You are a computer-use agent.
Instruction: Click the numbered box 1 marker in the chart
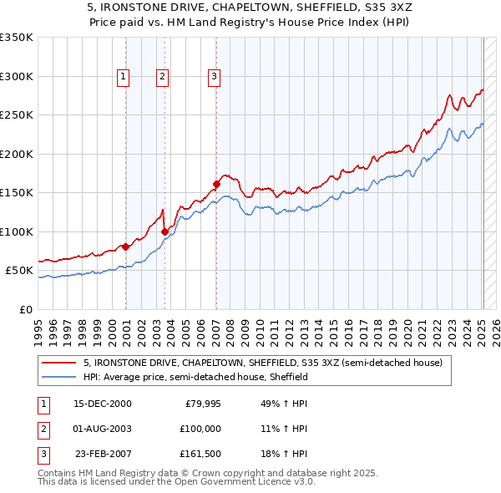[124, 77]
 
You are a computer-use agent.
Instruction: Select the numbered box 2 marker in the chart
[162, 77]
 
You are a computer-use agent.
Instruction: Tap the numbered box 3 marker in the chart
[214, 77]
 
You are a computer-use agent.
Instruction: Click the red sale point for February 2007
[216, 184]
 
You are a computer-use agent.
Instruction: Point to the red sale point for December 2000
[125, 246]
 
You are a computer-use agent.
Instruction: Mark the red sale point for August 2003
[164, 231]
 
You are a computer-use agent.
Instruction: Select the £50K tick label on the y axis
[19, 271]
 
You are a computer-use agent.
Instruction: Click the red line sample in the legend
[59, 363]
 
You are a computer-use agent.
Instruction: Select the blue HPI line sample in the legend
[59, 377]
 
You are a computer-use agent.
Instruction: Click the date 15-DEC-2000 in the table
[103, 404]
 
